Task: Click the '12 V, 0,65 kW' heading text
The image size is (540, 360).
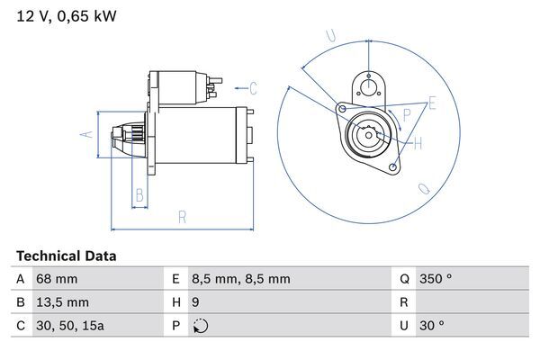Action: (66, 15)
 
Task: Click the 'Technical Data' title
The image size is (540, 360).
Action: (66, 256)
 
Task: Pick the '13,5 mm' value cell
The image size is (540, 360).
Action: (61, 302)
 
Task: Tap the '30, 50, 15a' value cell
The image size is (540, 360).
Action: (69, 326)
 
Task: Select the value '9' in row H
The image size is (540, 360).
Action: (196, 302)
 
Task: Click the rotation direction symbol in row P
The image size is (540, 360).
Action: (200, 326)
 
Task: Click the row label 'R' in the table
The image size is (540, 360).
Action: (404, 302)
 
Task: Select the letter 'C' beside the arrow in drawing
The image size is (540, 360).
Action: (253, 88)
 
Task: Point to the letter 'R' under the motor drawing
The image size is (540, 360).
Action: (182, 216)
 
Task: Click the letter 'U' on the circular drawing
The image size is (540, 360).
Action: (330, 36)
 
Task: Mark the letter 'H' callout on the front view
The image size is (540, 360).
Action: (418, 142)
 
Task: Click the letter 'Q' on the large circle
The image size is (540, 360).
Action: (424, 189)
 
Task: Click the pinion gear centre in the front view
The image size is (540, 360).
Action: (369, 135)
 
